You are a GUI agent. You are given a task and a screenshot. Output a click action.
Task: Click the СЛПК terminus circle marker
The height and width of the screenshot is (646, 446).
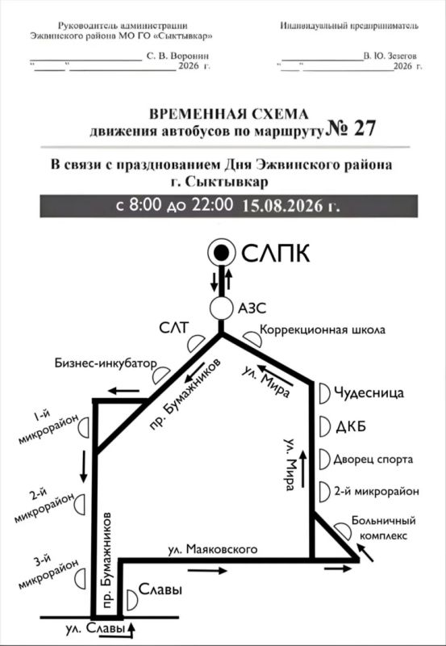(221, 254)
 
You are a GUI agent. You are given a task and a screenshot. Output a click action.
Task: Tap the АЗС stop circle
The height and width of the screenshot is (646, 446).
(221, 308)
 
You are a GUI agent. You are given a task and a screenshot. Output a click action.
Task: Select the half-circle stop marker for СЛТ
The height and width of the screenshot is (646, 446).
(195, 342)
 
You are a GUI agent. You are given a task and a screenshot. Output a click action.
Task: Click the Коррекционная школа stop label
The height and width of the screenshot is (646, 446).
(323, 329)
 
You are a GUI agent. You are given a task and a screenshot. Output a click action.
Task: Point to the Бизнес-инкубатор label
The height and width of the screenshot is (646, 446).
(106, 363)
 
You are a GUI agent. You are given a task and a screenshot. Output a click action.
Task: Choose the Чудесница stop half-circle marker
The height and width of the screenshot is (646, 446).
(325, 393)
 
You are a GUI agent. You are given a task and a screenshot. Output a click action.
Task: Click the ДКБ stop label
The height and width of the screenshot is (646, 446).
(351, 427)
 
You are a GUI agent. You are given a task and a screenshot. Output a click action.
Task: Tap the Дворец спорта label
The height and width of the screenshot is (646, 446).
(373, 459)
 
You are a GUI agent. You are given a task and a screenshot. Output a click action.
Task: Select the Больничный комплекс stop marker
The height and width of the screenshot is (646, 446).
(343, 531)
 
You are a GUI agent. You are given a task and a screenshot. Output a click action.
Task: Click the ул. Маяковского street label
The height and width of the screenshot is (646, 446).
(213, 549)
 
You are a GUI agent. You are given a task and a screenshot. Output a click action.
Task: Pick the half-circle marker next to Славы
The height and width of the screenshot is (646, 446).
(132, 600)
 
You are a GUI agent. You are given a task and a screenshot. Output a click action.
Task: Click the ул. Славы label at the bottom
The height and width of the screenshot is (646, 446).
(95, 629)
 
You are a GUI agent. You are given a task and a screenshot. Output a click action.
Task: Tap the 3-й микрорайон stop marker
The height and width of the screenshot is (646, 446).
(80, 578)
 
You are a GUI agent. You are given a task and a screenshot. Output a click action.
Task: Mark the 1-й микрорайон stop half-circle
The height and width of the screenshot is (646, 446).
(84, 427)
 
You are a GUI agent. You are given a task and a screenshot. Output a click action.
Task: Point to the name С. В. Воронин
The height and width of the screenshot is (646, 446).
(177, 56)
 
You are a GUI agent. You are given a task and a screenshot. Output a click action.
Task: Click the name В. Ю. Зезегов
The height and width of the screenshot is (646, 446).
(390, 56)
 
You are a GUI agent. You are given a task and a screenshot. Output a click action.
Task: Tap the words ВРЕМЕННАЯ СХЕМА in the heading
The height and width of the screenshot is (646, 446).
(229, 114)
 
